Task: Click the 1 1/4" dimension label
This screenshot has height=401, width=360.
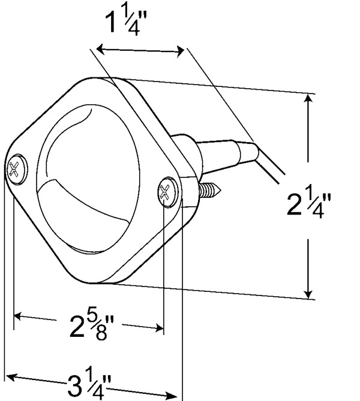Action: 126,23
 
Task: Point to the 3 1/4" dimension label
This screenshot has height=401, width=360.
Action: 89,383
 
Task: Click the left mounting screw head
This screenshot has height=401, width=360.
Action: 17,169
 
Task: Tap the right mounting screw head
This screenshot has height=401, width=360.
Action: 168,192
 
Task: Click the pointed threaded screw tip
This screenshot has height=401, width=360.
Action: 210,189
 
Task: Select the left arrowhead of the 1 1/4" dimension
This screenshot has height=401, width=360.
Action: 100,49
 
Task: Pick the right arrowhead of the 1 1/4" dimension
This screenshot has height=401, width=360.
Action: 180,52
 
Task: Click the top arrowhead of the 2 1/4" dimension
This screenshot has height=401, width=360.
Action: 309,98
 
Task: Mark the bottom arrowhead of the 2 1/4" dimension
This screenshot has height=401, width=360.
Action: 309,294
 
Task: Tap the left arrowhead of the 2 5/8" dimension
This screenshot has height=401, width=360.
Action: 17,316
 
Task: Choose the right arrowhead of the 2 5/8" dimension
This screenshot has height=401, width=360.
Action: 159,328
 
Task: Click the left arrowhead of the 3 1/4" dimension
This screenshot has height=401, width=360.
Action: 11,378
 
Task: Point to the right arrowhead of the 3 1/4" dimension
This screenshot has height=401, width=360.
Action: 172,395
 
